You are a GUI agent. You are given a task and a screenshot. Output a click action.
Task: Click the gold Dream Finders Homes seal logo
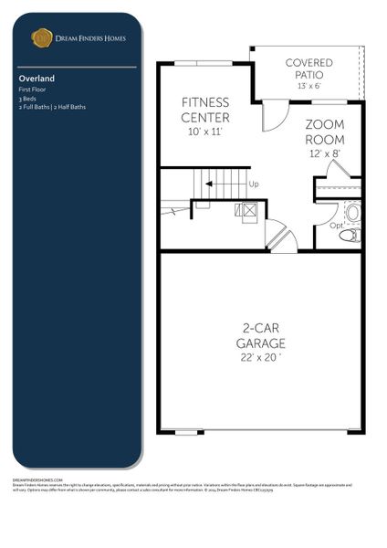(x=41, y=37)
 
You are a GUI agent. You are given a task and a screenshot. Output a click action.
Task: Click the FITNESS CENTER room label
(x=205, y=110)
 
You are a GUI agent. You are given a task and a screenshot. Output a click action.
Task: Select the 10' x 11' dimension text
(x=204, y=132)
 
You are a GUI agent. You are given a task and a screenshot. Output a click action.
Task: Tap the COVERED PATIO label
(x=309, y=68)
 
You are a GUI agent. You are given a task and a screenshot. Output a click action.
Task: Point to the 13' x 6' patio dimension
(x=309, y=85)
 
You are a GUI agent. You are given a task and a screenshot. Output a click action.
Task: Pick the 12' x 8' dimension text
(x=323, y=154)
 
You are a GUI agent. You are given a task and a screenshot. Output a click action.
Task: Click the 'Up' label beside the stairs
(x=254, y=184)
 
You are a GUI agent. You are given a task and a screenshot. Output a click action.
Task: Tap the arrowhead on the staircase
(x=209, y=184)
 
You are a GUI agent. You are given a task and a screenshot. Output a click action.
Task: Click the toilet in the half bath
(x=350, y=235)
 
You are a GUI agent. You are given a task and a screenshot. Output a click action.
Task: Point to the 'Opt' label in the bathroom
(x=336, y=224)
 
